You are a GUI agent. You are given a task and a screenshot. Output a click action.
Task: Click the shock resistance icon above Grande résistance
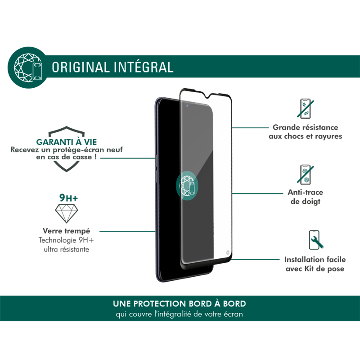(306, 109)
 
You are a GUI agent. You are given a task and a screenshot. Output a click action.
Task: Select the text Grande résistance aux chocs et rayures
(306, 132)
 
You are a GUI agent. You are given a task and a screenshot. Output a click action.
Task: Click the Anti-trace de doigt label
(306, 197)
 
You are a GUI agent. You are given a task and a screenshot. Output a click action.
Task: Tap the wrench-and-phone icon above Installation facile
(315, 240)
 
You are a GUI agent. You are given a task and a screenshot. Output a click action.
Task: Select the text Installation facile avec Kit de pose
(315, 264)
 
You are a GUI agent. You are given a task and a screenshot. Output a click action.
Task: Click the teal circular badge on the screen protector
(186, 185)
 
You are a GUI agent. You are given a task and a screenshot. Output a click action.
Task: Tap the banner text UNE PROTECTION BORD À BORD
(180, 304)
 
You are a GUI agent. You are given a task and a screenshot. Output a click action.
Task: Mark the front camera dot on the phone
(186, 106)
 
